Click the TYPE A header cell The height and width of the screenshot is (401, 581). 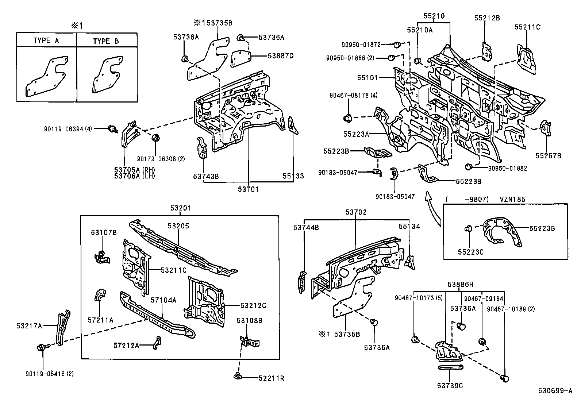(46, 41)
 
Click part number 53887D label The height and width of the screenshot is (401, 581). (281, 56)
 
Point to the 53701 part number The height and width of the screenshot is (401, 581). (248, 189)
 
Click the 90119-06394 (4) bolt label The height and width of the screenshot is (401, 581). (68, 128)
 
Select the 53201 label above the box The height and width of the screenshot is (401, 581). (180, 208)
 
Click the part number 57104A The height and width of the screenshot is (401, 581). (163, 300)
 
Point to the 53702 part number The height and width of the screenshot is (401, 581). (356, 212)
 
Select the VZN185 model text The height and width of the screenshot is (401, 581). (512, 200)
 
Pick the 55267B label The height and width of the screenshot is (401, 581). (549, 155)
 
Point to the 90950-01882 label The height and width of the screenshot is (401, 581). (508, 169)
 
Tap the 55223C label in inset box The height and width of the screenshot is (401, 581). (471, 251)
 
